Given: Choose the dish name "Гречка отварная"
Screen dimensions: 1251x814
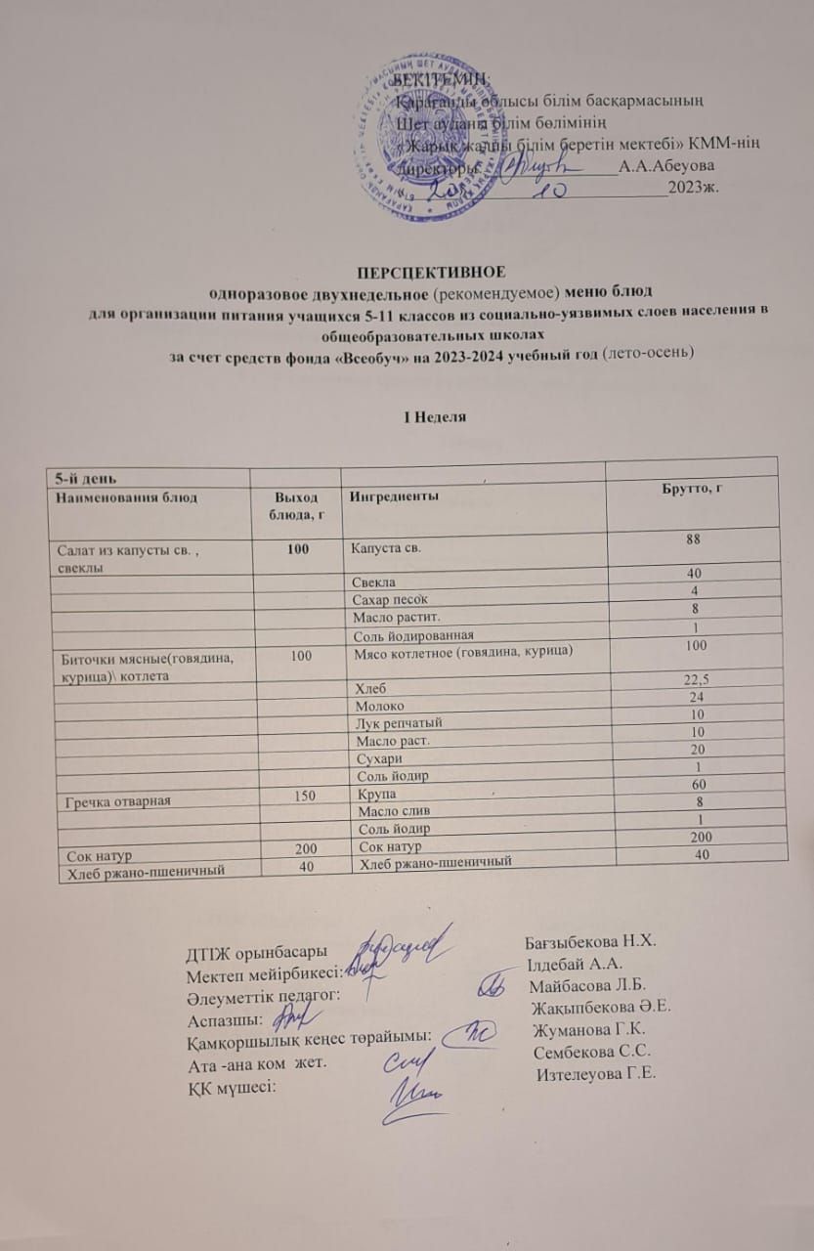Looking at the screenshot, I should [119, 800].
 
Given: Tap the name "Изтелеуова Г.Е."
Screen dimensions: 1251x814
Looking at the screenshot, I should [597, 1072].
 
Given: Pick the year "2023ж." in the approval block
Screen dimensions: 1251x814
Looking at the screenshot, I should [695, 188].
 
